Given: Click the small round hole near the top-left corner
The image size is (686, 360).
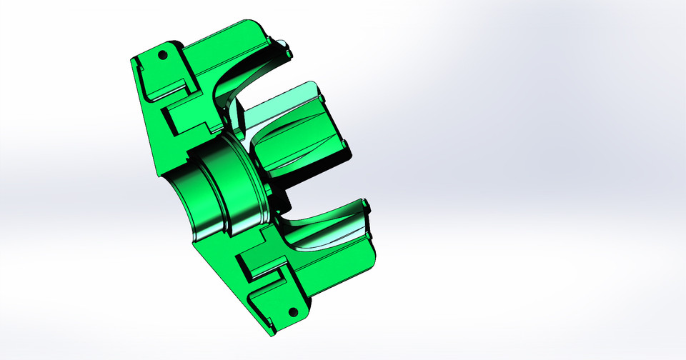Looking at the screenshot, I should click(x=162, y=54).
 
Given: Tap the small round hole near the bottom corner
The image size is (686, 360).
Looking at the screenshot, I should click(x=292, y=312).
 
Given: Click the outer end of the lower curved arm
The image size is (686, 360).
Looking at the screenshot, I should click(x=367, y=210).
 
